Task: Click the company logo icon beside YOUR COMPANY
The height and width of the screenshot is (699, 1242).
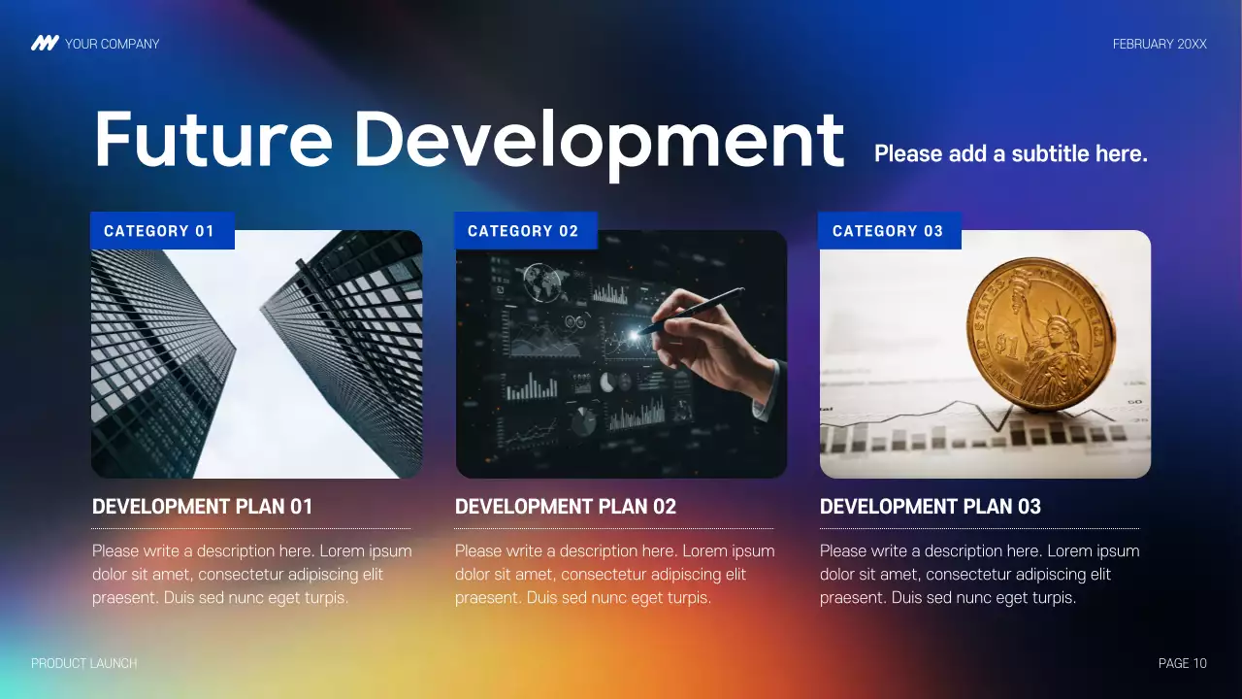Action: [x=45, y=44]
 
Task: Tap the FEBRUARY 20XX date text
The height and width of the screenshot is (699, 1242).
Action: [x=1160, y=44]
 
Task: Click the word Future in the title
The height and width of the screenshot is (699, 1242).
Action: [x=212, y=140]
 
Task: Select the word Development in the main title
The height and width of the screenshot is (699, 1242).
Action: [x=599, y=140]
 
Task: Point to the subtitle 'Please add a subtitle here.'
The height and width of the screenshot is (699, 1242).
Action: [x=1010, y=153]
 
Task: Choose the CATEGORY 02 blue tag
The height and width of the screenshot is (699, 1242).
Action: [x=525, y=231]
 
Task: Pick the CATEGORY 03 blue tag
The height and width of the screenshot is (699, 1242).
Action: [x=889, y=231]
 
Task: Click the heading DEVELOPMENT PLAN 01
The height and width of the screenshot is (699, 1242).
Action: [x=203, y=507]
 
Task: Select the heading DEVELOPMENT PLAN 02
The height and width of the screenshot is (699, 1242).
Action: [x=566, y=507]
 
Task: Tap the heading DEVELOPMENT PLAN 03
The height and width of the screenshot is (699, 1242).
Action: [x=930, y=507]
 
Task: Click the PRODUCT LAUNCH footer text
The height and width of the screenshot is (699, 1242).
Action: [x=84, y=663]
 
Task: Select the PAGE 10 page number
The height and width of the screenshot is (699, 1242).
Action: [x=1182, y=663]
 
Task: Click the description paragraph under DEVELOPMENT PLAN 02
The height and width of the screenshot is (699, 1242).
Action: [x=614, y=574]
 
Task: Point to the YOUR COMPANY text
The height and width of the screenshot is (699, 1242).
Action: [x=112, y=44]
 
